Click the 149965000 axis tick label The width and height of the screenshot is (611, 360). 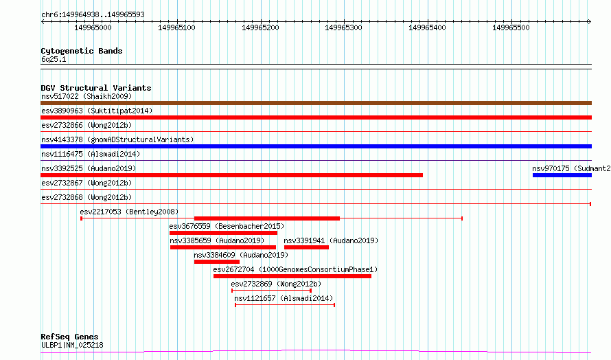[93, 27]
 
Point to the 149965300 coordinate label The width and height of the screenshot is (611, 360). [343, 27]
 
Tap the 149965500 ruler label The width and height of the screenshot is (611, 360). [511, 27]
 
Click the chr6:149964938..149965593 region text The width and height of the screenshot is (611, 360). [93, 14]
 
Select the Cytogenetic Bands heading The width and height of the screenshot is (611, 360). [82, 51]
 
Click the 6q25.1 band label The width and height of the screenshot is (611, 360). [54, 59]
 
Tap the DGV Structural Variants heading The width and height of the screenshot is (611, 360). [96, 88]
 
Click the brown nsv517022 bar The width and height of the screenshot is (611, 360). [316, 103]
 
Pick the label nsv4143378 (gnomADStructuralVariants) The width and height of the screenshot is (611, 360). [117, 139]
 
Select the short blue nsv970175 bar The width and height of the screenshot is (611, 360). [562, 175]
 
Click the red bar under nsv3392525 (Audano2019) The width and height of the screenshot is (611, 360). [231, 175]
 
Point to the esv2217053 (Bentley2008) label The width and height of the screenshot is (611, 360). [129, 212]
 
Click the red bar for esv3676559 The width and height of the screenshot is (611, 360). [223, 233]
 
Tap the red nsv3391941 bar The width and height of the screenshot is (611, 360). [306, 247]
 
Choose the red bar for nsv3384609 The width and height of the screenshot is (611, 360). [217, 262]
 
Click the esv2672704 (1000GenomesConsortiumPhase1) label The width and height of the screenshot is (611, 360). [295, 269]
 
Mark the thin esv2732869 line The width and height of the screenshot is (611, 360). [271, 291]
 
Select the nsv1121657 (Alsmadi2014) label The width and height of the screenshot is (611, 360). [284, 298]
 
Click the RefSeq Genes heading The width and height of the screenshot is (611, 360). [69, 337]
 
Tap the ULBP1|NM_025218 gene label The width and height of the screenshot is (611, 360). [72, 345]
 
